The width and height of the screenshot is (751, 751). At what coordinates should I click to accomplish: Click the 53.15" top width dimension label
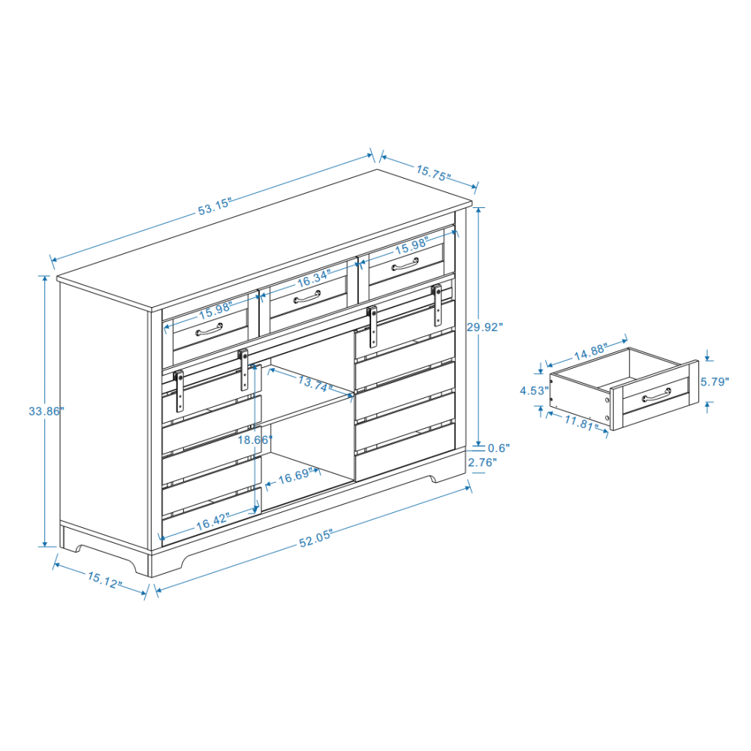coord(215,207)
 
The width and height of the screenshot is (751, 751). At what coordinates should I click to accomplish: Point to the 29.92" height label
coord(484,327)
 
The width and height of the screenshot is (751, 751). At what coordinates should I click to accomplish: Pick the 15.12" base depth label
coord(104,581)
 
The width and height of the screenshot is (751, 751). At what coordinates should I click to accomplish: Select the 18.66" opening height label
coord(255,440)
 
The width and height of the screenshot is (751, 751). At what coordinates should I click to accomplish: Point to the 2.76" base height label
coord(482,463)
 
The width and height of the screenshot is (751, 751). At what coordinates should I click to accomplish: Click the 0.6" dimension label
coord(498,448)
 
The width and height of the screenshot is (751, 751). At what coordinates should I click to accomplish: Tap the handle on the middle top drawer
coord(308,300)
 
